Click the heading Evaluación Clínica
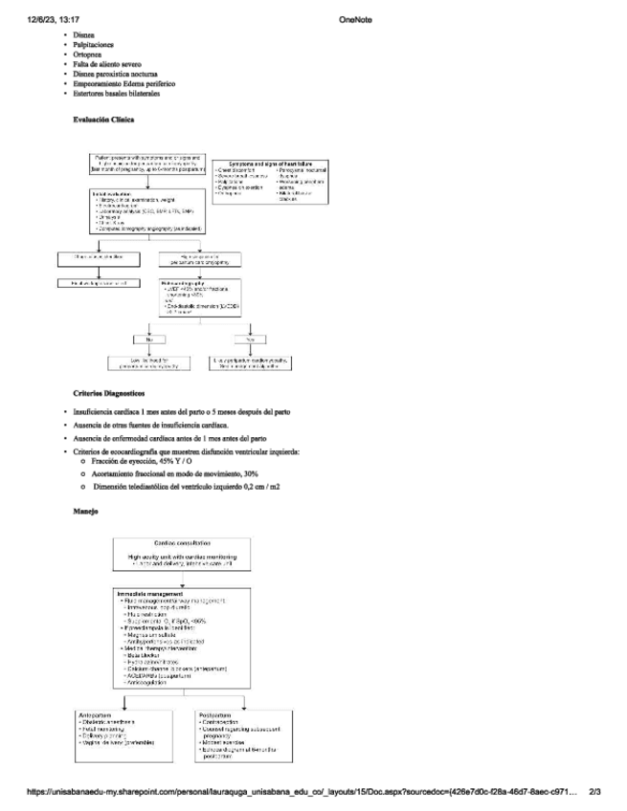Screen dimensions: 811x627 click(103, 121)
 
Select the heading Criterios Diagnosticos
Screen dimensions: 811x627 click(108, 393)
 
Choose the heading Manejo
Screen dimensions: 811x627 click(85, 512)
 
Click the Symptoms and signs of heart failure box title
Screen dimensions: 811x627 click(272, 164)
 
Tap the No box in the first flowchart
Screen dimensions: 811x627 click(149, 339)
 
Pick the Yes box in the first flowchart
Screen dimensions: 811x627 click(250, 339)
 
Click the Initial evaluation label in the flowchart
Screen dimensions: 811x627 click(112, 194)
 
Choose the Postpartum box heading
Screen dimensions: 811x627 click(216, 713)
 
